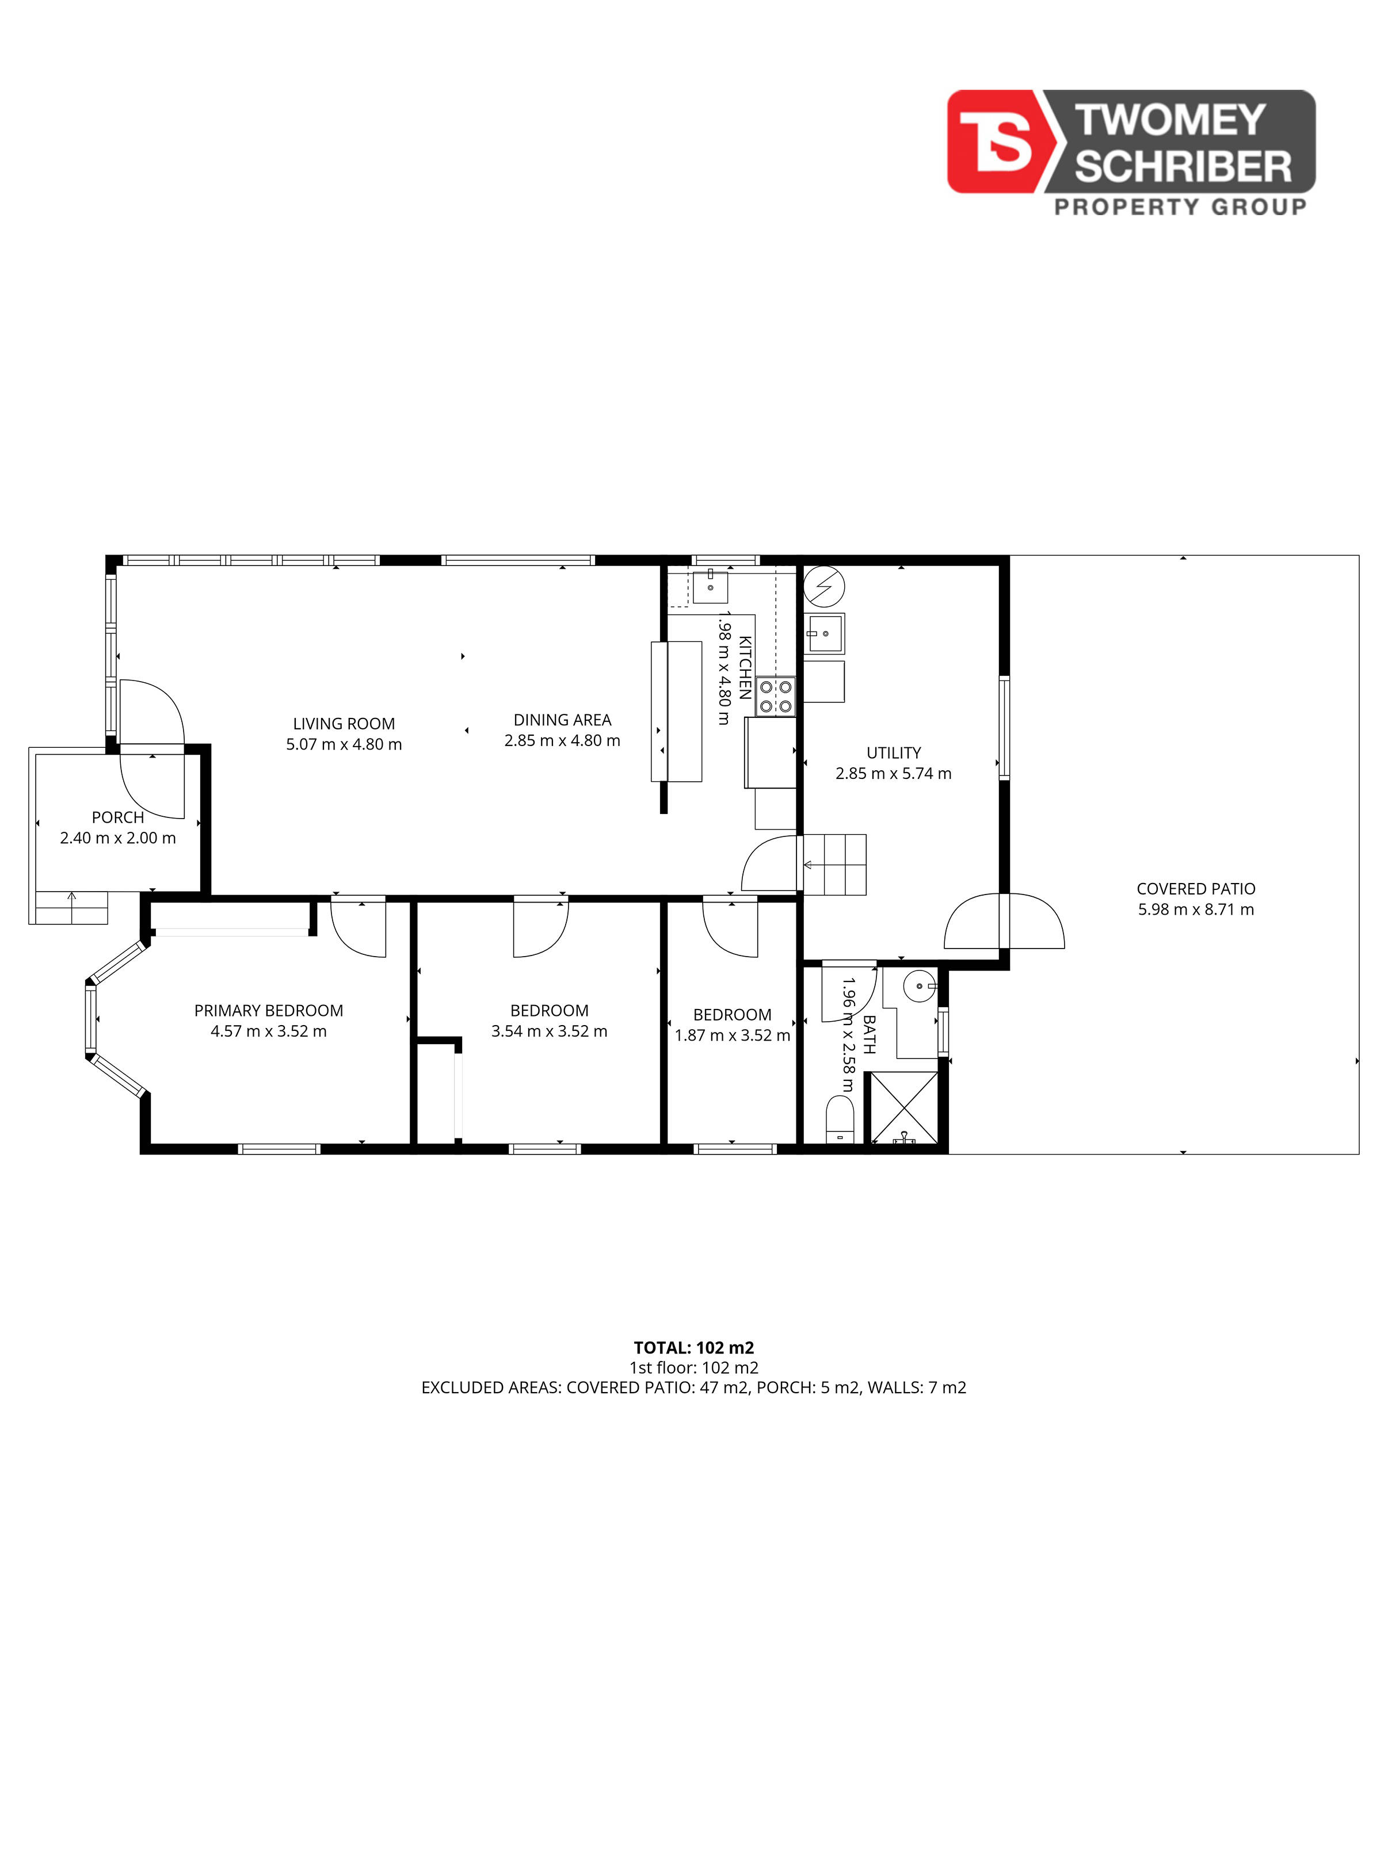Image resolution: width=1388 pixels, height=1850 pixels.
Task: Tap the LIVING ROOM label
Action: pos(344,724)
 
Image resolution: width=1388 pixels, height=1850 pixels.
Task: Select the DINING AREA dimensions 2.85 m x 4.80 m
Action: pos(562,740)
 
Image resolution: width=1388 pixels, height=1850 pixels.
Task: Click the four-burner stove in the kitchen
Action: pos(776,697)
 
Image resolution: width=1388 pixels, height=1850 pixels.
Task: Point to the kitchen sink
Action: pos(710,586)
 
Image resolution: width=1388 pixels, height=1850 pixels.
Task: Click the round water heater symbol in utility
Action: pos(824,586)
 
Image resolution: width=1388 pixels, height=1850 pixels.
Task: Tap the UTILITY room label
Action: pos(894,752)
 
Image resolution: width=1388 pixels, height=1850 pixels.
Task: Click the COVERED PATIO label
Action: pos(1196,889)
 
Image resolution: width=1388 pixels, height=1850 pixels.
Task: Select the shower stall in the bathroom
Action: pos(905,1107)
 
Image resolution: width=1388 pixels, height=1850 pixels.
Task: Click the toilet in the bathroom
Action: pos(839,1119)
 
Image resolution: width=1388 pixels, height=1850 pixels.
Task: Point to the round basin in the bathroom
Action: pos(920,986)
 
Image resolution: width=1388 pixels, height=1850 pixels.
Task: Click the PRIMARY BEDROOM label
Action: pos(269,1010)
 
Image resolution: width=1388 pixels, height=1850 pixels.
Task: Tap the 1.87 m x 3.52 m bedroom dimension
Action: pos(732,1035)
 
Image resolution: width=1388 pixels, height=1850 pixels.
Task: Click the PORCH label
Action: pos(118,817)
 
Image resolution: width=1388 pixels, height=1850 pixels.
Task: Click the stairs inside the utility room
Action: pos(835,865)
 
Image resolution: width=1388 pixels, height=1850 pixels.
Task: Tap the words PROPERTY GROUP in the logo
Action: pos(1180,207)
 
